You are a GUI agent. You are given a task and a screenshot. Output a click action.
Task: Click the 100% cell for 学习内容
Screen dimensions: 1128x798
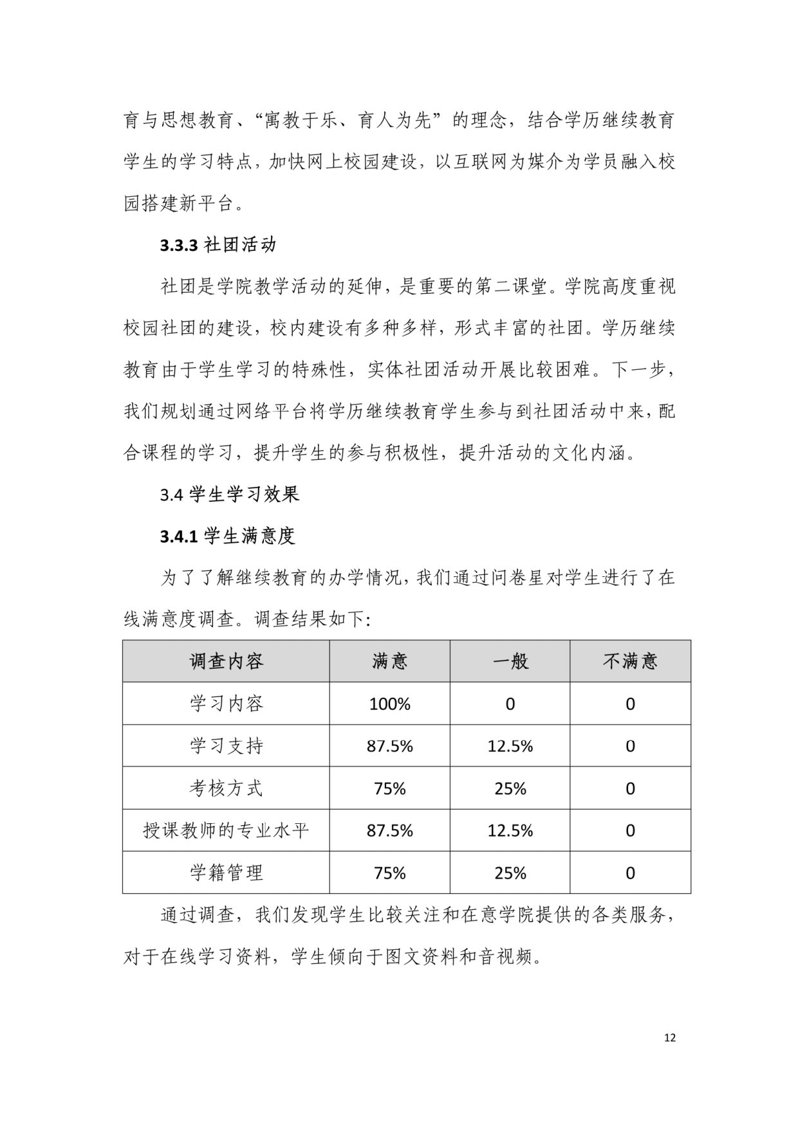[389, 704]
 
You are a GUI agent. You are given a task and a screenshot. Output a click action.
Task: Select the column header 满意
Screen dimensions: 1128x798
[389, 661]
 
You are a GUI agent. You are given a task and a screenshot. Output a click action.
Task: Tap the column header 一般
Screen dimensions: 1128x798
[510, 661]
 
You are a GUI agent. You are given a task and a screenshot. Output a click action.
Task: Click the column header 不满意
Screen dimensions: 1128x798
[630, 661]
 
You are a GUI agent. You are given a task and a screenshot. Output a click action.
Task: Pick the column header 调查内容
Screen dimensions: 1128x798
[226, 661]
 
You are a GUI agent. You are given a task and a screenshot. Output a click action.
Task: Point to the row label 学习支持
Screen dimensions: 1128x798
[226, 746]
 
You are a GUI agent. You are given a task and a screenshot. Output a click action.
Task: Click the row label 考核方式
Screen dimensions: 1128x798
[226, 788]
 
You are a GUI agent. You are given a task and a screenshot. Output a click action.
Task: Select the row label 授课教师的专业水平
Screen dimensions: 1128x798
[226, 830]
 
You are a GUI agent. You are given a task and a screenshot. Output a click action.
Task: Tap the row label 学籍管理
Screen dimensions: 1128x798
[226, 873]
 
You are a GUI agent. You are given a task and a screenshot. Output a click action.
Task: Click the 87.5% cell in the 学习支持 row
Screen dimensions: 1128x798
[389, 746]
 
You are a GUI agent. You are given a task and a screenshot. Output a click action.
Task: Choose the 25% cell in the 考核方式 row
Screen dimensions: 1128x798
[510, 788]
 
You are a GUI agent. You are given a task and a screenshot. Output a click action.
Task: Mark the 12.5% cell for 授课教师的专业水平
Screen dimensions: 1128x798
[510, 830]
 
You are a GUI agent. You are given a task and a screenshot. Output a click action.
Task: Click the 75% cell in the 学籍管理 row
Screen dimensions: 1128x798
[389, 873]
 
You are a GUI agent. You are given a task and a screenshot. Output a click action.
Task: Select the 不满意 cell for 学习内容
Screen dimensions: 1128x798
[630, 704]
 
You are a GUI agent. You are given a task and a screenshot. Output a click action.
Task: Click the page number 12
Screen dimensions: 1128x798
[669, 1037]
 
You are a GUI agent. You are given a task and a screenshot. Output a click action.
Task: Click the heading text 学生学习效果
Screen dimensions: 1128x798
[245, 495]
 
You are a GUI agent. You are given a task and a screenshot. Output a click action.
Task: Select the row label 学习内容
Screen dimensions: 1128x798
[226, 704]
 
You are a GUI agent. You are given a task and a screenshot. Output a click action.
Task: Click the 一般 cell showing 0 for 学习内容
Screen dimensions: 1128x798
[510, 704]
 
